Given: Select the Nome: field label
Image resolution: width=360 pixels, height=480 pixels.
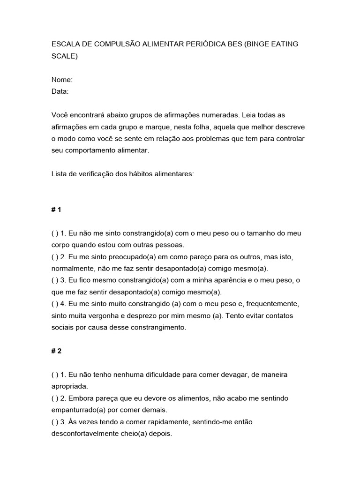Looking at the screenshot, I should (62, 80).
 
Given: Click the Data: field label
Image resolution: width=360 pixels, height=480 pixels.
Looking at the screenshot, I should (60, 91).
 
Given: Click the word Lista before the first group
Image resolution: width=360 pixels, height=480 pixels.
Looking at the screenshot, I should (60, 174).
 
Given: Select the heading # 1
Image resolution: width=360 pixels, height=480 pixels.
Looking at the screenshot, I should (56, 210).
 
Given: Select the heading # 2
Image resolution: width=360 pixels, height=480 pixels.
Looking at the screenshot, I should (56, 351).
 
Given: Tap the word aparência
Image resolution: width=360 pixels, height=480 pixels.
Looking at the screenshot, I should (223, 280).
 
